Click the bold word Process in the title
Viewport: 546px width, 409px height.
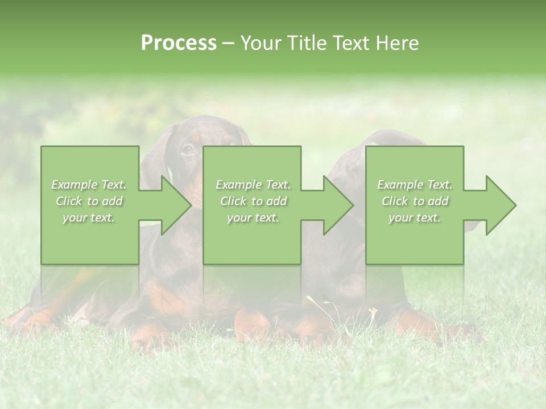tap(179, 43)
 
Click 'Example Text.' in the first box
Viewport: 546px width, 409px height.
tap(89, 185)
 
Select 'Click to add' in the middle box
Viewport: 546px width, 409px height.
tap(253, 201)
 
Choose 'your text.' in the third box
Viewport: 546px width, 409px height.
tap(415, 218)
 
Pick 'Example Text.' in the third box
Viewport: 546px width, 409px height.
tap(415, 185)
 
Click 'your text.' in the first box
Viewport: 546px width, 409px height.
tap(89, 218)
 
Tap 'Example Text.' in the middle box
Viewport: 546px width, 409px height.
tap(253, 185)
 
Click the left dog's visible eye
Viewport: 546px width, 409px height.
tap(187, 150)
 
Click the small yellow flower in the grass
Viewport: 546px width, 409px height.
tap(373, 311)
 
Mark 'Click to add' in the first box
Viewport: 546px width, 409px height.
tap(89, 201)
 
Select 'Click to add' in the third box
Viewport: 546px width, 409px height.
tap(415, 201)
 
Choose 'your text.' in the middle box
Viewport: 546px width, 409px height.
tap(253, 218)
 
